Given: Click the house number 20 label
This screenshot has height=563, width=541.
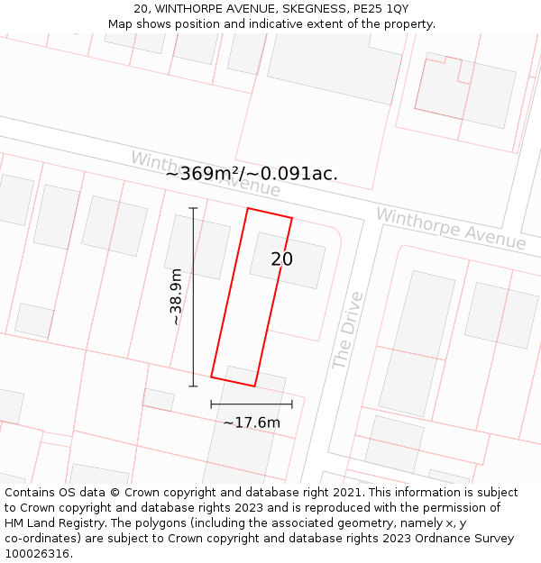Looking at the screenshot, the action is click(x=282, y=259).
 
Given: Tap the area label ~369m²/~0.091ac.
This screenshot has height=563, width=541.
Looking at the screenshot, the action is click(x=252, y=174).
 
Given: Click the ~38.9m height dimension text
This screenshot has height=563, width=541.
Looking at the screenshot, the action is click(x=176, y=296).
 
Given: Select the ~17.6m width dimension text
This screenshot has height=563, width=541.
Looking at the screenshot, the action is click(x=252, y=422).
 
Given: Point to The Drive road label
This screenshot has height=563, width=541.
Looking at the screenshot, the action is click(x=347, y=330).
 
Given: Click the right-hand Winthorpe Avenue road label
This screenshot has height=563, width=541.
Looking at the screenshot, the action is click(x=450, y=229).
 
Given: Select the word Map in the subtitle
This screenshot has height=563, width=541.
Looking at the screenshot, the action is click(x=121, y=23).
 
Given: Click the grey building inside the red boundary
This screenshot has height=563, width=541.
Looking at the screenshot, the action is click(x=288, y=260).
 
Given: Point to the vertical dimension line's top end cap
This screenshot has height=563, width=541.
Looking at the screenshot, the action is click(x=193, y=208).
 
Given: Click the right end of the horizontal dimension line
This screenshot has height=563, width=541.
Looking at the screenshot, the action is click(x=292, y=404).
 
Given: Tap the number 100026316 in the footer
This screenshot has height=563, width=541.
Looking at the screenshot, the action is click(x=39, y=554).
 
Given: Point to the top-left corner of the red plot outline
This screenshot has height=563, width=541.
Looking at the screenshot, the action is click(x=248, y=209).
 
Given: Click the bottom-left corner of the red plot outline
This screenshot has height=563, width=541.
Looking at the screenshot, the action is click(x=211, y=377).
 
